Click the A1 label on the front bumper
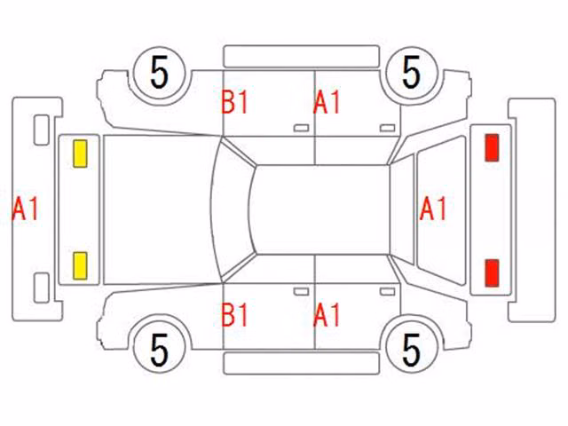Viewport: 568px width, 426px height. pos(25,209)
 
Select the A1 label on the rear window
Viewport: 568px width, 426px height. pos(433,209)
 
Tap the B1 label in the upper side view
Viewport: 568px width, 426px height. pos(234,102)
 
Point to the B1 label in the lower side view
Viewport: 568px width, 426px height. pos(234,315)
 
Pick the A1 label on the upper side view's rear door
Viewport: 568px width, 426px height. pos(327,102)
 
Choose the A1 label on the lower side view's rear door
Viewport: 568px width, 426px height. pos(327,315)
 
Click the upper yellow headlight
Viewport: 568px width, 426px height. pos(80,154)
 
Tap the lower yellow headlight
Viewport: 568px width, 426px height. pos(80,266)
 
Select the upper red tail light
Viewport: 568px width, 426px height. pos(492,147)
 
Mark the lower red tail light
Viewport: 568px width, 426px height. pos(492,273)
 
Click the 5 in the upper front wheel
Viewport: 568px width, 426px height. pos(160,73)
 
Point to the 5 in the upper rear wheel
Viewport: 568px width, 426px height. pos(411,73)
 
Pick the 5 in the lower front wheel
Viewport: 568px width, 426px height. pos(160,350)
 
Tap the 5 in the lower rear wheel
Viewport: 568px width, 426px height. pos(411,350)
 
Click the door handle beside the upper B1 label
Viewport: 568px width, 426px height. pos(301,128)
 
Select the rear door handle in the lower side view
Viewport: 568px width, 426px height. pos(387,292)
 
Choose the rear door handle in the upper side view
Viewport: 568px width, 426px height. pos(387,128)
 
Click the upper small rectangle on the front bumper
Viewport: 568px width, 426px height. pos(42,130)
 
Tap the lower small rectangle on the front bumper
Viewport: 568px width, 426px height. pos(42,288)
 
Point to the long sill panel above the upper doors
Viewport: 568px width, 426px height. pos(302,56)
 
